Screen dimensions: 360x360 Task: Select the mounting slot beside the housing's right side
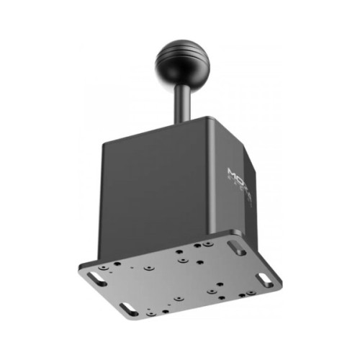pyautogui.click(x=235, y=246)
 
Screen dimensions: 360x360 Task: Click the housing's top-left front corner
pyautogui.click(x=102, y=144)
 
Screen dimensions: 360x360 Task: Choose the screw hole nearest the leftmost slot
pyautogui.click(x=109, y=267)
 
